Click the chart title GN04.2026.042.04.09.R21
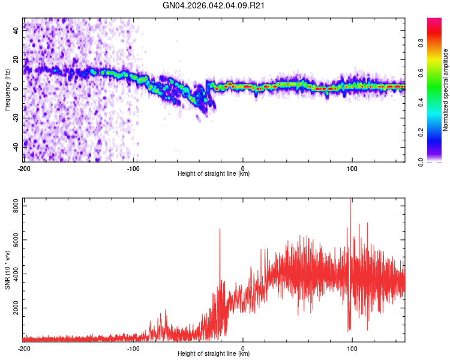(x=214, y=6)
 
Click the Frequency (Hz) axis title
(x=7, y=89)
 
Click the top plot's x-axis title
(x=214, y=174)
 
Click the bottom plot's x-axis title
(x=214, y=353)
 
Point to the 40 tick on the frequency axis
(x=16, y=32)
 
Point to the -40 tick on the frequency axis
(x=15, y=146)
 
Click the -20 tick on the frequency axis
(x=15, y=118)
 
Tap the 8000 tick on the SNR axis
(x=13, y=206)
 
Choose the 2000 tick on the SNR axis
(x=13, y=308)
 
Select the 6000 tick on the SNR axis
(x=13, y=240)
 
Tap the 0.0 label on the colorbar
(x=421, y=161)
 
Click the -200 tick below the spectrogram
(x=24, y=167)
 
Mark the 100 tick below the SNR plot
(x=352, y=347)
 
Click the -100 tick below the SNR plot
(x=133, y=347)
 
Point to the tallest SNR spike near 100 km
(x=350, y=201)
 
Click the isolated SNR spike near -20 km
(x=220, y=230)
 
